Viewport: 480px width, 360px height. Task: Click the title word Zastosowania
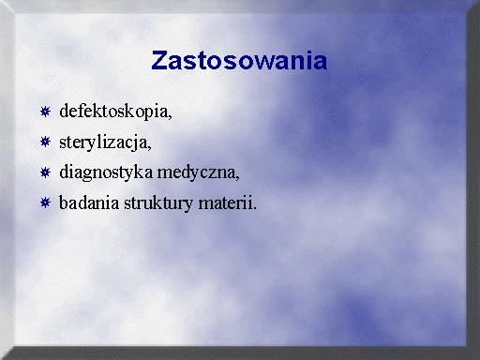point(239,60)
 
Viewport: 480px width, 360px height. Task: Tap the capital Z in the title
point(158,60)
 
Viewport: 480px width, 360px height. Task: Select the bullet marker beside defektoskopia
point(45,112)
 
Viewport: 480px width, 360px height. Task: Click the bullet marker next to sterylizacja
point(45,142)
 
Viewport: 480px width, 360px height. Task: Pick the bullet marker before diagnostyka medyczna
point(45,172)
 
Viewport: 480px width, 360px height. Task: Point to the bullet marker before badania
point(45,202)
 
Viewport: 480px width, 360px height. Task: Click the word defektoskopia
point(113,112)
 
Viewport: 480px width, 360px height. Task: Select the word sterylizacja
point(103,142)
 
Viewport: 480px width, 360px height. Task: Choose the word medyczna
point(196,172)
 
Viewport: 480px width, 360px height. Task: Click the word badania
point(89,202)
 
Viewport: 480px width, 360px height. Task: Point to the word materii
point(225,203)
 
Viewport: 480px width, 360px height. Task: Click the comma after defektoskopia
point(171,117)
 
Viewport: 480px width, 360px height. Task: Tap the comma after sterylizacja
point(149,148)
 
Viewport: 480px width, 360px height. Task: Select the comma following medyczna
point(238,178)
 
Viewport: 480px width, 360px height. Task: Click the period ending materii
point(254,208)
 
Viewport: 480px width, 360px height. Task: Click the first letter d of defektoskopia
point(64,111)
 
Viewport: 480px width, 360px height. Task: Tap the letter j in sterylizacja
point(136,143)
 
